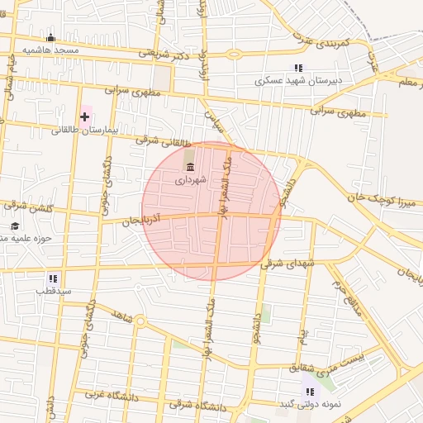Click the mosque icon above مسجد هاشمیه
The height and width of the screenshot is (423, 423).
pos(50,37)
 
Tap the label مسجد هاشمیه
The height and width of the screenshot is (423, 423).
pos(50,50)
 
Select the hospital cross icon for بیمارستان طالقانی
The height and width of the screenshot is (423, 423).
pos(84,116)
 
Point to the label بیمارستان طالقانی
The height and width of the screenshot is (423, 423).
pos(86,130)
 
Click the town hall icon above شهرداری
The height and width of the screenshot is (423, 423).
pos(191,167)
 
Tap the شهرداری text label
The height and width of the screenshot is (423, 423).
pos(190,178)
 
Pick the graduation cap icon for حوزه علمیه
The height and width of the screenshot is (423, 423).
pos(14,226)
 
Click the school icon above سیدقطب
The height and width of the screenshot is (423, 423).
pos(53,279)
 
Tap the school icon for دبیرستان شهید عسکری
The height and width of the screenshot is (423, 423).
pos(298,69)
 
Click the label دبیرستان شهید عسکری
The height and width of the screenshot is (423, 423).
pos(298,81)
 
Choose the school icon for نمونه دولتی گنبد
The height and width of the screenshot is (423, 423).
pos(309,392)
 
